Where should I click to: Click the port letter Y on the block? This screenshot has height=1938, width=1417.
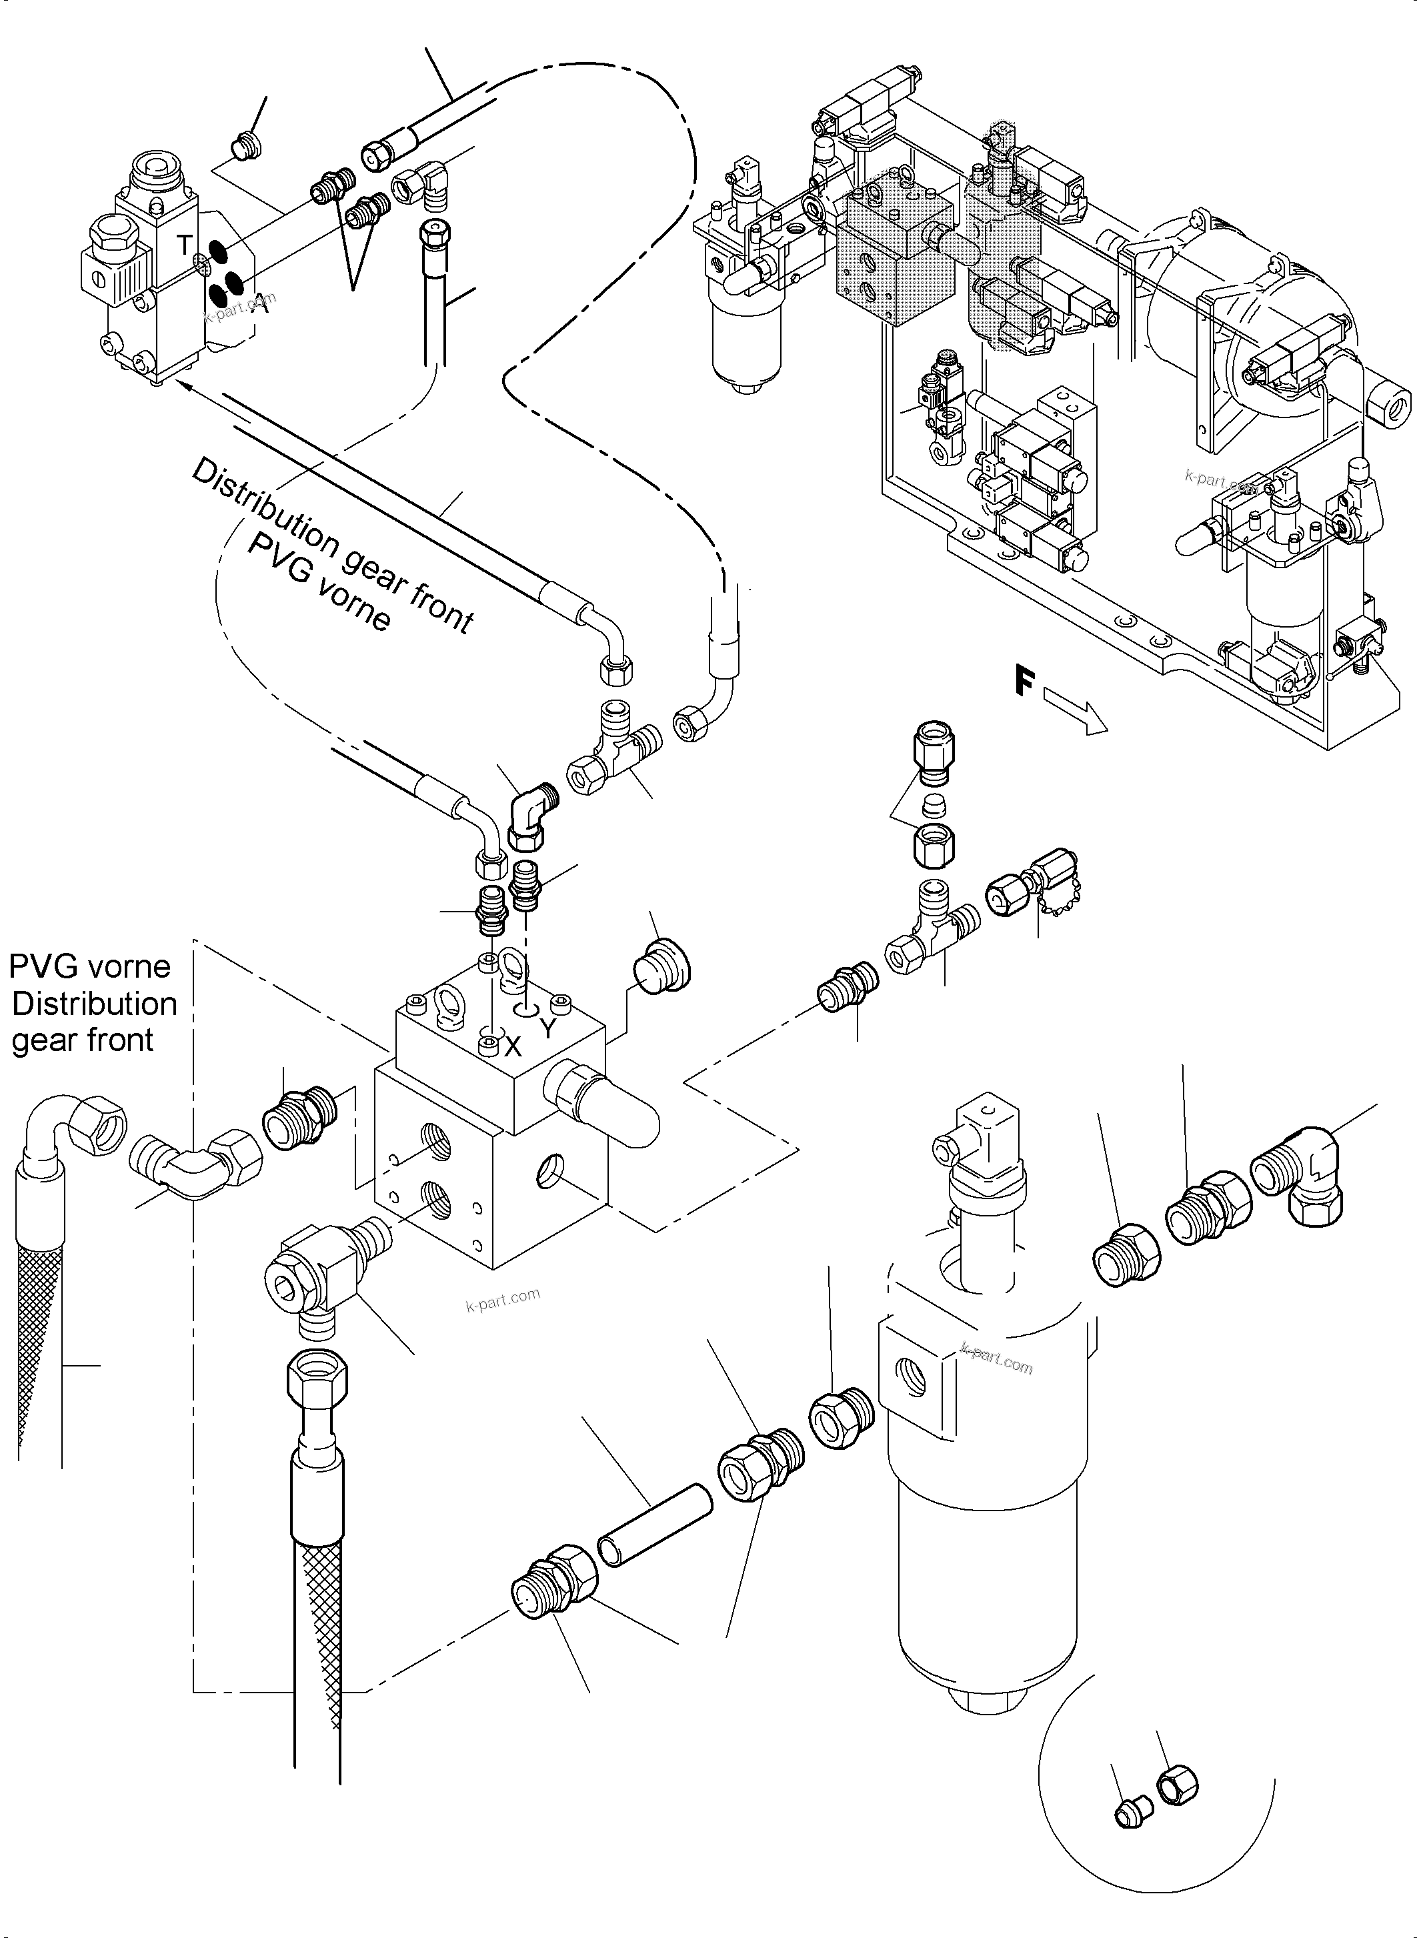point(549,1028)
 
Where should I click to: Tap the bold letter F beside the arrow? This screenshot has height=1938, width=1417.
point(1024,682)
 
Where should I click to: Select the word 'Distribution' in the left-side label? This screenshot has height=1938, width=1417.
point(94,1004)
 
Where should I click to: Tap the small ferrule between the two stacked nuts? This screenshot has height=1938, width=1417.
point(932,806)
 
